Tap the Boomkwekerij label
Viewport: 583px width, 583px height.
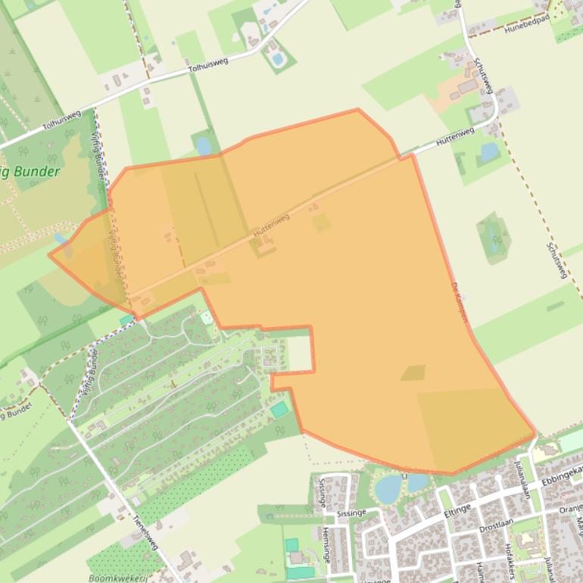tap(117, 578)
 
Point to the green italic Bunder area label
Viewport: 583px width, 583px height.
tap(30, 172)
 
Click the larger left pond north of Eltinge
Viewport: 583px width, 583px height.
tap(388, 488)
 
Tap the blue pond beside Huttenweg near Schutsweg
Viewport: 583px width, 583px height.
tap(489, 152)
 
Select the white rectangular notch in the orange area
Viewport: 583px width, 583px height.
tap(299, 354)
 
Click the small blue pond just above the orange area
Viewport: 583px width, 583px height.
tap(203, 145)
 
